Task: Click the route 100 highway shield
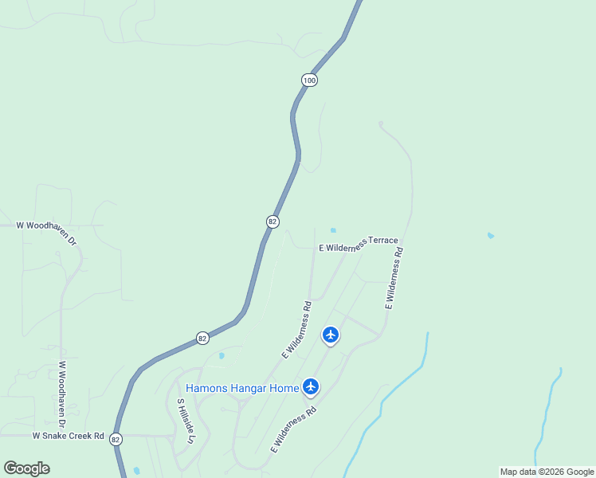tap(310, 80)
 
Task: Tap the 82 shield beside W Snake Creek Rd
tap(116, 439)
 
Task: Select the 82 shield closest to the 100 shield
tap(273, 221)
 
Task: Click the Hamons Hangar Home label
tap(242, 389)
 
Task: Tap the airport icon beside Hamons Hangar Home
tap(311, 387)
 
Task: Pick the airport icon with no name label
tap(331, 335)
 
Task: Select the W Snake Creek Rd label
tap(69, 436)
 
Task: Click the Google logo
tap(26, 468)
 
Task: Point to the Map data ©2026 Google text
tap(547, 472)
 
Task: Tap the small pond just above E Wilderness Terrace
tap(333, 231)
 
